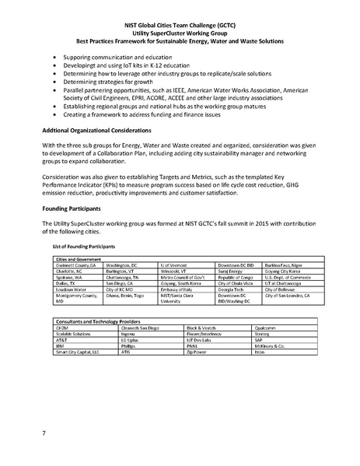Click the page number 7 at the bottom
click(44, 431)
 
